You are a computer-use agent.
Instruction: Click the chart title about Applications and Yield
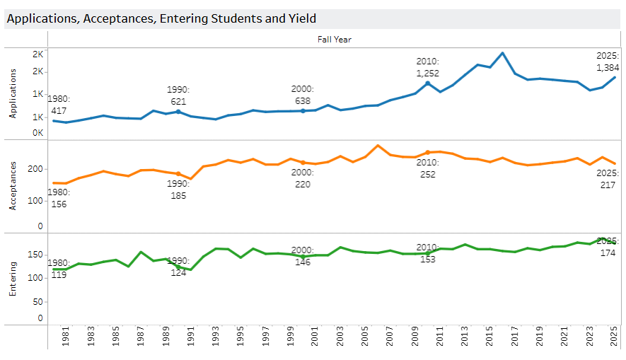[x=161, y=19]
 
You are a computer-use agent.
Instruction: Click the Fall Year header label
[x=334, y=40]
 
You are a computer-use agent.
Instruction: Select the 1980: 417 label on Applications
[x=59, y=105]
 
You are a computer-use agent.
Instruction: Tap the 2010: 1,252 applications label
[x=428, y=67]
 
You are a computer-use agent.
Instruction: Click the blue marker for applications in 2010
[x=427, y=83]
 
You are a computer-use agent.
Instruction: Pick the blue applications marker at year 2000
[x=303, y=111]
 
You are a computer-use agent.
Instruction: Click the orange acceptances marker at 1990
[x=178, y=174]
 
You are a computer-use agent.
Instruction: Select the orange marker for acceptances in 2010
[x=427, y=152]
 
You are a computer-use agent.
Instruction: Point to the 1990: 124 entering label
[x=178, y=267]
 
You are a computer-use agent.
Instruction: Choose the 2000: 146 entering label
[x=302, y=255]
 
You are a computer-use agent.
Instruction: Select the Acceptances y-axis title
[x=13, y=187]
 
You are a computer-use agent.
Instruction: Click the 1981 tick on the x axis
[x=66, y=338]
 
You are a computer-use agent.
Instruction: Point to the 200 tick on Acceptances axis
[x=36, y=170]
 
